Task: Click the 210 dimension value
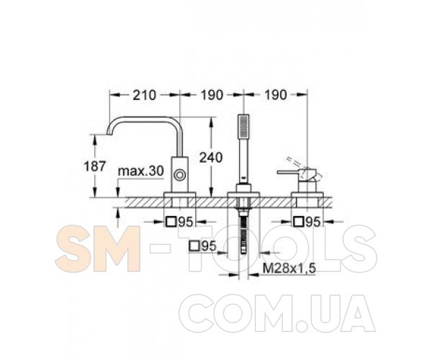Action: (145, 95)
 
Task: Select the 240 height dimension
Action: (211, 158)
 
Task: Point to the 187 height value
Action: (94, 166)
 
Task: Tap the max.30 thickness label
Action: (141, 171)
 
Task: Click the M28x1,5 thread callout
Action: (289, 268)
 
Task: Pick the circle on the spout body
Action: (179, 175)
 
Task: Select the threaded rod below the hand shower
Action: (243, 233)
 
